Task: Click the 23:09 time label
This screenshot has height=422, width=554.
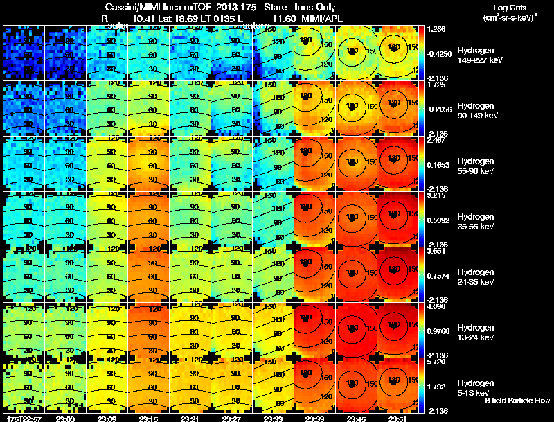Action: pyautogui.click(x=107, y=418)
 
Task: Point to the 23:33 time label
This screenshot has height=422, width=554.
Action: pyautogui.click(x=274, y=418)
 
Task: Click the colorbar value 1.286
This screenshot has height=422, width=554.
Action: pyautogui.click(x=436, y=29)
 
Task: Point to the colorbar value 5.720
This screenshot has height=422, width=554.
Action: pyautogui.click(x=436, y=362)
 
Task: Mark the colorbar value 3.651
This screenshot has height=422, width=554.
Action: pyautogui.click(x=436, y=252)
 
